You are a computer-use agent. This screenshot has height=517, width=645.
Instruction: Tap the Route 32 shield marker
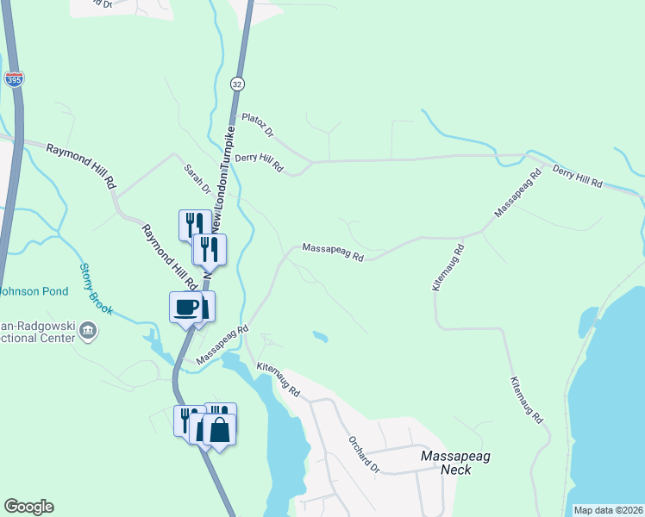(x=237, y=84)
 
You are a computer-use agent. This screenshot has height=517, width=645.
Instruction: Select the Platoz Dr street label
(x=257, y=125)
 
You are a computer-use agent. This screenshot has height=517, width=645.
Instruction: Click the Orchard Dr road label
(x=364, y=454)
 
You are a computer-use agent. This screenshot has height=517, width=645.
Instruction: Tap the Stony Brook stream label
(x=97, y=288)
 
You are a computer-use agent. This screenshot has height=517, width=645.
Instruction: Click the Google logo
(x=28, y=507)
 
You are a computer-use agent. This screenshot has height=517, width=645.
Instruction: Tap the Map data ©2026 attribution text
(x=609, y=510)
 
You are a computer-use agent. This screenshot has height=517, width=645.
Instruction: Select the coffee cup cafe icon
(x=186, y=307)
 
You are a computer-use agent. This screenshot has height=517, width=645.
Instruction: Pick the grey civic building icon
(x=88, y=329)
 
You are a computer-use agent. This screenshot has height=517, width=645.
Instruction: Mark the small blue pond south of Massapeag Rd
(x=320, y=336)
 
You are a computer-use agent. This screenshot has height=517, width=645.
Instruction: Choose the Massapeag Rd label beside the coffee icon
(x=222, y=344)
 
